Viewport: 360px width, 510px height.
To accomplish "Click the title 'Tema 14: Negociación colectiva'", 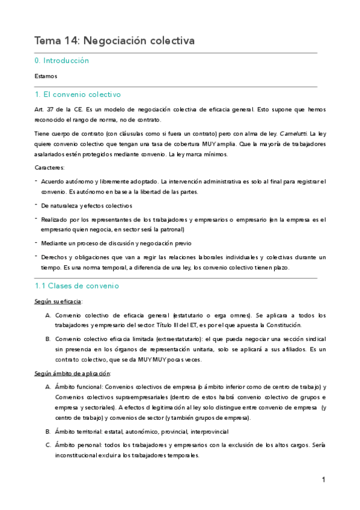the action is point(115,41).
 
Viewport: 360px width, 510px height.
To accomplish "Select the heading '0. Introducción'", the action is point(62,61).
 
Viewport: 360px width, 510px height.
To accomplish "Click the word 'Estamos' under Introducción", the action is point(46,76).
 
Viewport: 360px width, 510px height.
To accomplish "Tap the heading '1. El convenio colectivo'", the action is point(78,94).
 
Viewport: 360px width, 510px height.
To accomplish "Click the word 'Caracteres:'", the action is point(50,169).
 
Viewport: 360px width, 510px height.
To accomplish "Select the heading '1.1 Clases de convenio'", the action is point(77,286).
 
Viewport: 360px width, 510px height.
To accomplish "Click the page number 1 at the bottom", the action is point(323,480).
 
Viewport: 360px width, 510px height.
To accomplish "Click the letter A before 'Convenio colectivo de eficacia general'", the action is point(48,315).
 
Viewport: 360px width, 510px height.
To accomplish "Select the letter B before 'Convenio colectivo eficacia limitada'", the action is point(48,339).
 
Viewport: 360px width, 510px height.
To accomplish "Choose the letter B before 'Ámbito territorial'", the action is point(48,432).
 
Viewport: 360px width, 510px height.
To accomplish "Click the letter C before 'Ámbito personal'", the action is point(48,445).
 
